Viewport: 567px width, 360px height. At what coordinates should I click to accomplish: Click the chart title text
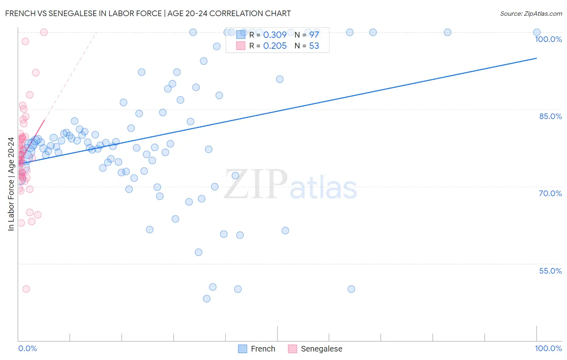(148, 13)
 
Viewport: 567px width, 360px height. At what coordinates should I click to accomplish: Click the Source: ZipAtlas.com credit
(531, 13)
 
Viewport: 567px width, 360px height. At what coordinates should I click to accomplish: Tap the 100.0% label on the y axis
(548, 39)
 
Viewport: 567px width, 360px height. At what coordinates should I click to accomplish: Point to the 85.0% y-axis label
(550, 116)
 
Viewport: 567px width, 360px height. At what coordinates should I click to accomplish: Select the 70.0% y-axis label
(550, 193)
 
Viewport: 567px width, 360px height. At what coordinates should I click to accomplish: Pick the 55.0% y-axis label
(550, 271)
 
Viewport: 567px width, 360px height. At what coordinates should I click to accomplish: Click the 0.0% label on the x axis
(27, 348)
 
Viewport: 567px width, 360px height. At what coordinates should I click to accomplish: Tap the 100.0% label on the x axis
(548, 348)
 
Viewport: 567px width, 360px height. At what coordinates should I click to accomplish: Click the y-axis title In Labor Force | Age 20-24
(11, 184)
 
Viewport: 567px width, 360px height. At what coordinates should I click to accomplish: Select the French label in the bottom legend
(263, 349)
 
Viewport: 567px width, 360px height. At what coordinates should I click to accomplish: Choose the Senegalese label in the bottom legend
(321, 349)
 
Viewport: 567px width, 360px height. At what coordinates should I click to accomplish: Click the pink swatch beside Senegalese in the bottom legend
(292, 349)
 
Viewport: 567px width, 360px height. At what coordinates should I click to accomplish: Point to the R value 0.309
(275, 35)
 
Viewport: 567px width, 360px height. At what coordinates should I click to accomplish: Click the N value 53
(314, 46)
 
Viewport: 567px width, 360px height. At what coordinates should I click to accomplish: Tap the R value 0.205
(275, 46)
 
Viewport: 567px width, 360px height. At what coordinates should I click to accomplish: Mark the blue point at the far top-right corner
(536, 32)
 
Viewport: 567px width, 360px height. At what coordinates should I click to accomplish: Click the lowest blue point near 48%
(206, 299)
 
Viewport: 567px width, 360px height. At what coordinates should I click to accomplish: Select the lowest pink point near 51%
(26, 289)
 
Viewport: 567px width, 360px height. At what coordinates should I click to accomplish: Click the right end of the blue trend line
(536, 58)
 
